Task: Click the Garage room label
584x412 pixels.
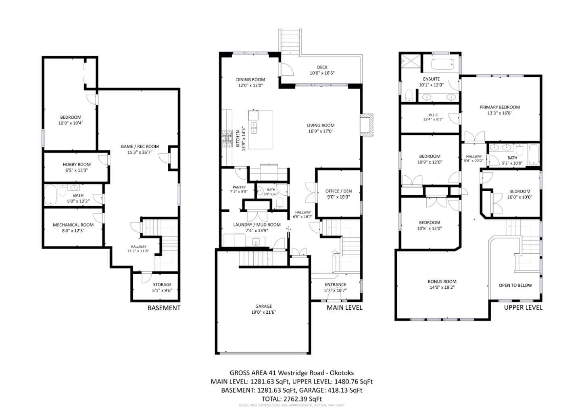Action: coord(263,306)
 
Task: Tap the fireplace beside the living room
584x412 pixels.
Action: coord(367,125)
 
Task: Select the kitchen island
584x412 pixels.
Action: coord(260,129)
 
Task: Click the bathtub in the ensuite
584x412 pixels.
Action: coord(443,64)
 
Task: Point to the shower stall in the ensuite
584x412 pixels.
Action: coord(411,62)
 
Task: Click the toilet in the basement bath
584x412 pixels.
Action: coord(62,191)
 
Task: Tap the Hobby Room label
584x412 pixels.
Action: coord(77,164)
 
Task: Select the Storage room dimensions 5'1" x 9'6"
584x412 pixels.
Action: coord(162,290)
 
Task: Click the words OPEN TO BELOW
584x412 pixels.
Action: coord(515,285)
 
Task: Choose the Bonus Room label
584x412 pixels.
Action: coord(442,282)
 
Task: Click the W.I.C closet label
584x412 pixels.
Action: coord(433,115)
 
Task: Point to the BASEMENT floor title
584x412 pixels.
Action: coord(164,308)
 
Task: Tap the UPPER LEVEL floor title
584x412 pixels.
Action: coord(523,307)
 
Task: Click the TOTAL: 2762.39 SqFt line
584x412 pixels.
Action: coord(292,399)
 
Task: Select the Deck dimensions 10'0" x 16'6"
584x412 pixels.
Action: coord(322,73)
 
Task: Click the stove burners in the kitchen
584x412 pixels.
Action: coord(226,138)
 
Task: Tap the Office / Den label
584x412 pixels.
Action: coord(338,191)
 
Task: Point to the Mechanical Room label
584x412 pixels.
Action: coord(73,225)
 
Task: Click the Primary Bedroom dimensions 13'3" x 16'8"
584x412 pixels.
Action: coord(500,113)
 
